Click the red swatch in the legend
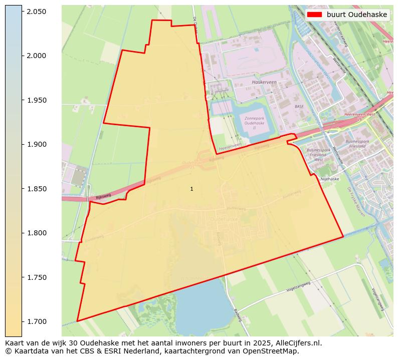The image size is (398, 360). click(x=315, y=15)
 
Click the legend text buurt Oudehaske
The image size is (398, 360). click(x=357, y=15)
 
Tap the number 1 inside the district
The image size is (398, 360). click(x=191, y=189)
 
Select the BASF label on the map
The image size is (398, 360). click(x=299, y=107)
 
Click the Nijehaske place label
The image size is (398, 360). click(x=330, y=179)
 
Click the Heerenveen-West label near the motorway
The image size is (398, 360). click(x=359, y=115)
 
